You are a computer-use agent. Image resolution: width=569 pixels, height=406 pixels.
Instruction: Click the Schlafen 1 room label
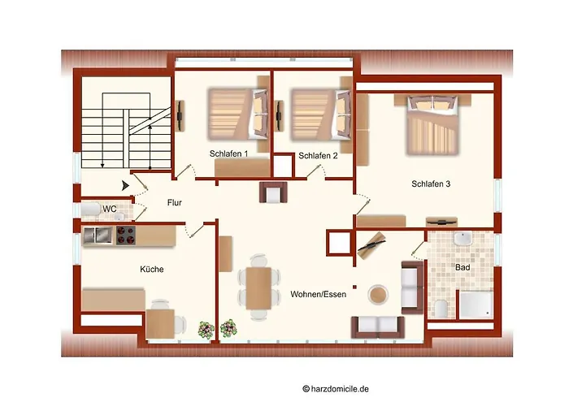(229, 153)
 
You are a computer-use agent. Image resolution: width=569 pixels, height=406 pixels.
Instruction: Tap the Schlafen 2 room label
(318, 155)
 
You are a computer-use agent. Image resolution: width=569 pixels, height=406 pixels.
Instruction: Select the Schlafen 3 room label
(431, 184)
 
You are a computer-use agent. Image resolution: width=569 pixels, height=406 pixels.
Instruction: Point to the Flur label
(176, 203)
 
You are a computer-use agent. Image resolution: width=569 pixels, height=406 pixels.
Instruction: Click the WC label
(110, 209)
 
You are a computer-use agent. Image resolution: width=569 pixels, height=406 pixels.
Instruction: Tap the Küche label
(152, 269)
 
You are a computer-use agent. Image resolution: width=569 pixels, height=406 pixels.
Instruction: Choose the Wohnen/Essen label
(318, 295)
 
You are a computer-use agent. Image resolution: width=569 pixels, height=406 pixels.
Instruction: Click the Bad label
(463, 266)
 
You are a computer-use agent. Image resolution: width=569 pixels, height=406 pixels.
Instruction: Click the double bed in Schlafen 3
(432, 122)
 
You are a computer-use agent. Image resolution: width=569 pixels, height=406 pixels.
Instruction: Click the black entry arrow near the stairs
(124, 186)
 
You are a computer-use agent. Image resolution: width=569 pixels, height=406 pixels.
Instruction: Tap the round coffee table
(377, 293)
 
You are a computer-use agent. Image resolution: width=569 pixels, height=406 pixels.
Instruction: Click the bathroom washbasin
(463, 240)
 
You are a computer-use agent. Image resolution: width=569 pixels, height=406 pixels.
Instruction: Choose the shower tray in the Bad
(475, 304)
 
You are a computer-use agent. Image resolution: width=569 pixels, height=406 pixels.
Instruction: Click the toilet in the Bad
(440, 308)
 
